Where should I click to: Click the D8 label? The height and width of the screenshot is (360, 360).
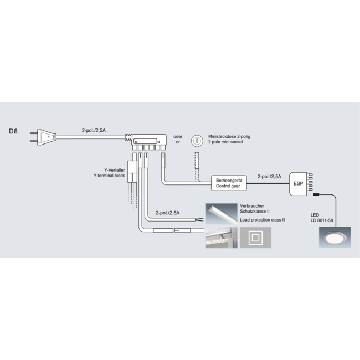pos(14,132)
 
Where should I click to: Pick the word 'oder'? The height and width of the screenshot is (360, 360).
pos(178,136)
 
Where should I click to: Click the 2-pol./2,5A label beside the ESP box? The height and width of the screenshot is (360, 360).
pos(269,177)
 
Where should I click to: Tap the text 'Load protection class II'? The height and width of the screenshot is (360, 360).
pos(262,219)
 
